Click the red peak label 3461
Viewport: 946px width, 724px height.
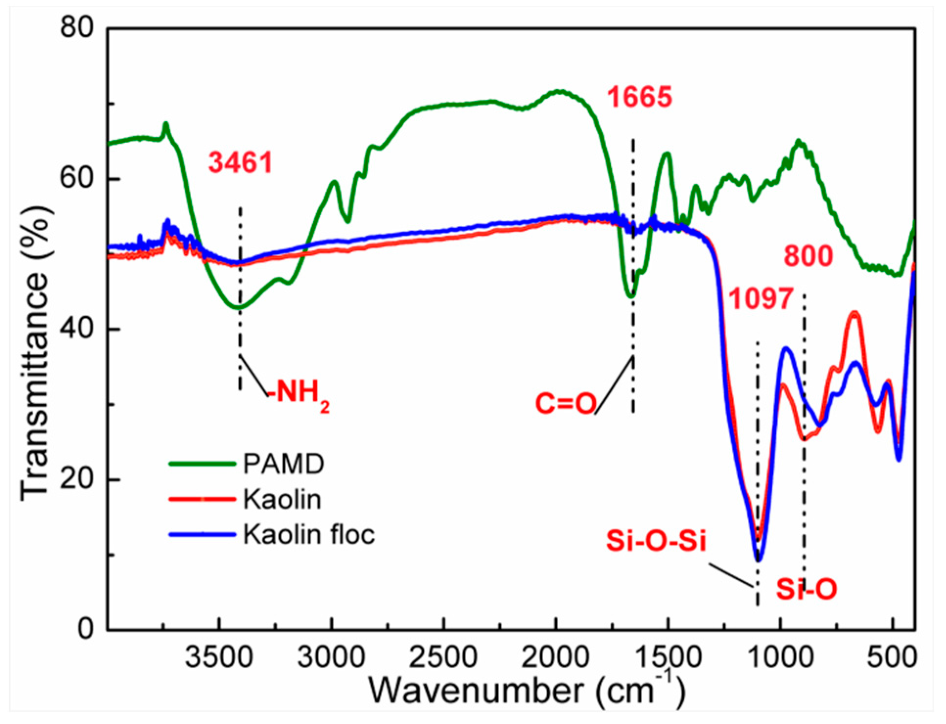(240, 163)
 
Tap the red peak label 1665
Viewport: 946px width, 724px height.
(640, 97)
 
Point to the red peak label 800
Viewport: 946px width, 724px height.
(808, 256)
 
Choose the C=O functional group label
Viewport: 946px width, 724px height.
(566, 404)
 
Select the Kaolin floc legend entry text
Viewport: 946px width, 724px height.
(309, 534)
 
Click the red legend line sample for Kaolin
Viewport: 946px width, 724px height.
(201, 499)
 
